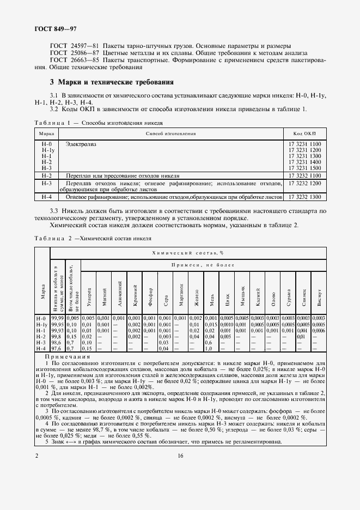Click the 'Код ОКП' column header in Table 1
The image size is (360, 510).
click(x=304, y=133)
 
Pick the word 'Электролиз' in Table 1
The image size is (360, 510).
click(x=80, y=144)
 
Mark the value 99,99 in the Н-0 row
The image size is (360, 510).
click(x=58, y=318)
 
